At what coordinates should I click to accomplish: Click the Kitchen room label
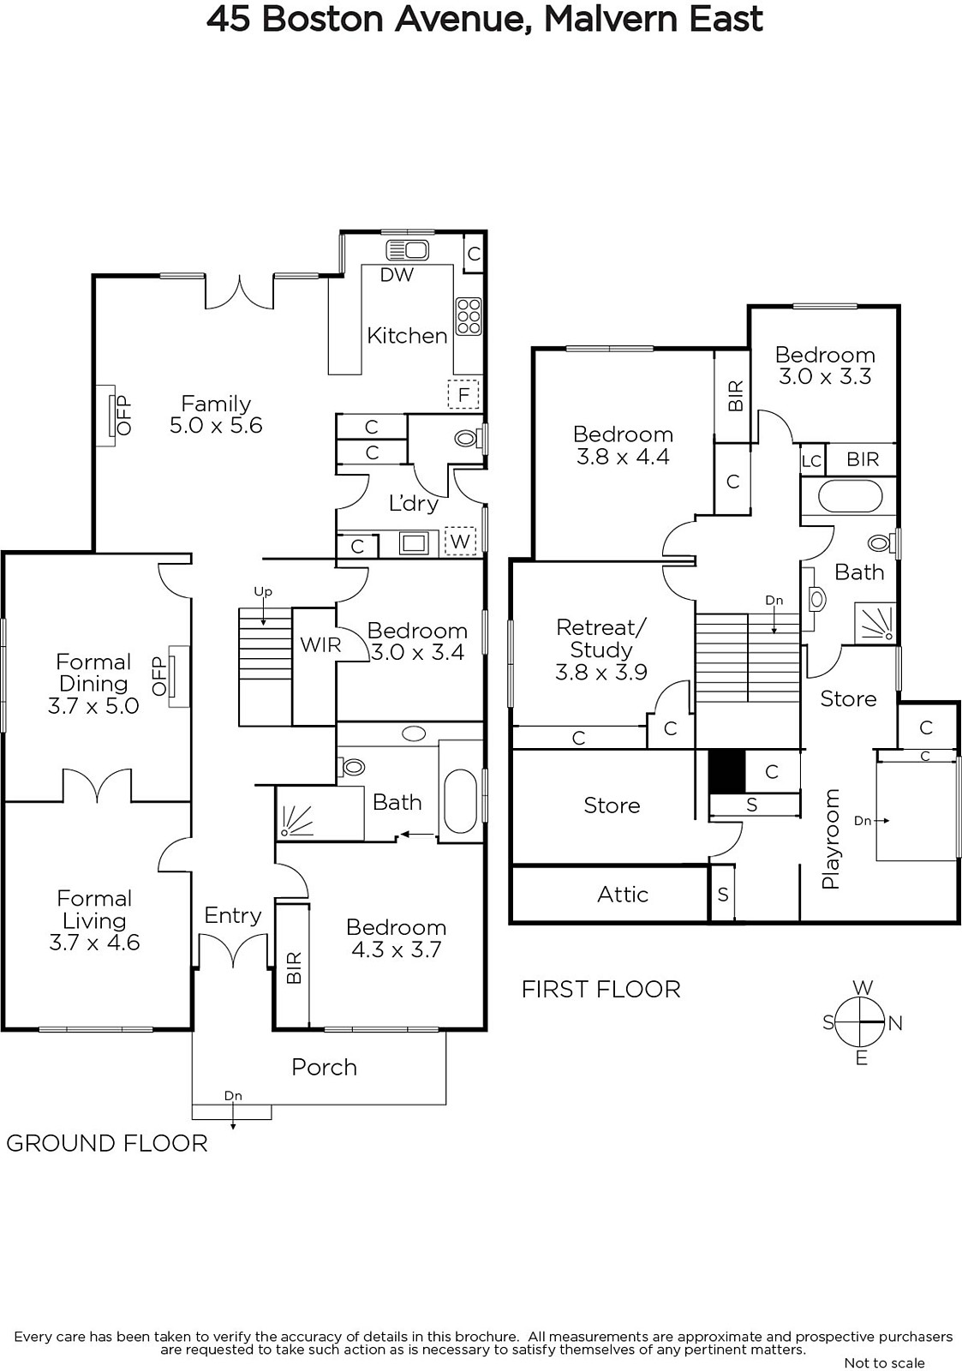407,335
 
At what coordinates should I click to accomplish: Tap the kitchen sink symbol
407,249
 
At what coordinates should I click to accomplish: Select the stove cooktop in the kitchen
469,316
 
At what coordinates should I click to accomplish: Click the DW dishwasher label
397,275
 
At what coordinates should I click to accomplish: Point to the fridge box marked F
463,395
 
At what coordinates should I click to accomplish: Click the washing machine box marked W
459,541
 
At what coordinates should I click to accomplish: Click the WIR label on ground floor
320,644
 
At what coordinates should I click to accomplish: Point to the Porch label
325,1067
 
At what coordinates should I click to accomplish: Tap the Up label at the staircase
263,592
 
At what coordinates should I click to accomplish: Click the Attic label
623,895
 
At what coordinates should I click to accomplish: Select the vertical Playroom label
830,839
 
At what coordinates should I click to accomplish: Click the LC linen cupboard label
811,460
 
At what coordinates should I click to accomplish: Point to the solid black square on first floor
727,771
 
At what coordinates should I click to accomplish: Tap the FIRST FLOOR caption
601,990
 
